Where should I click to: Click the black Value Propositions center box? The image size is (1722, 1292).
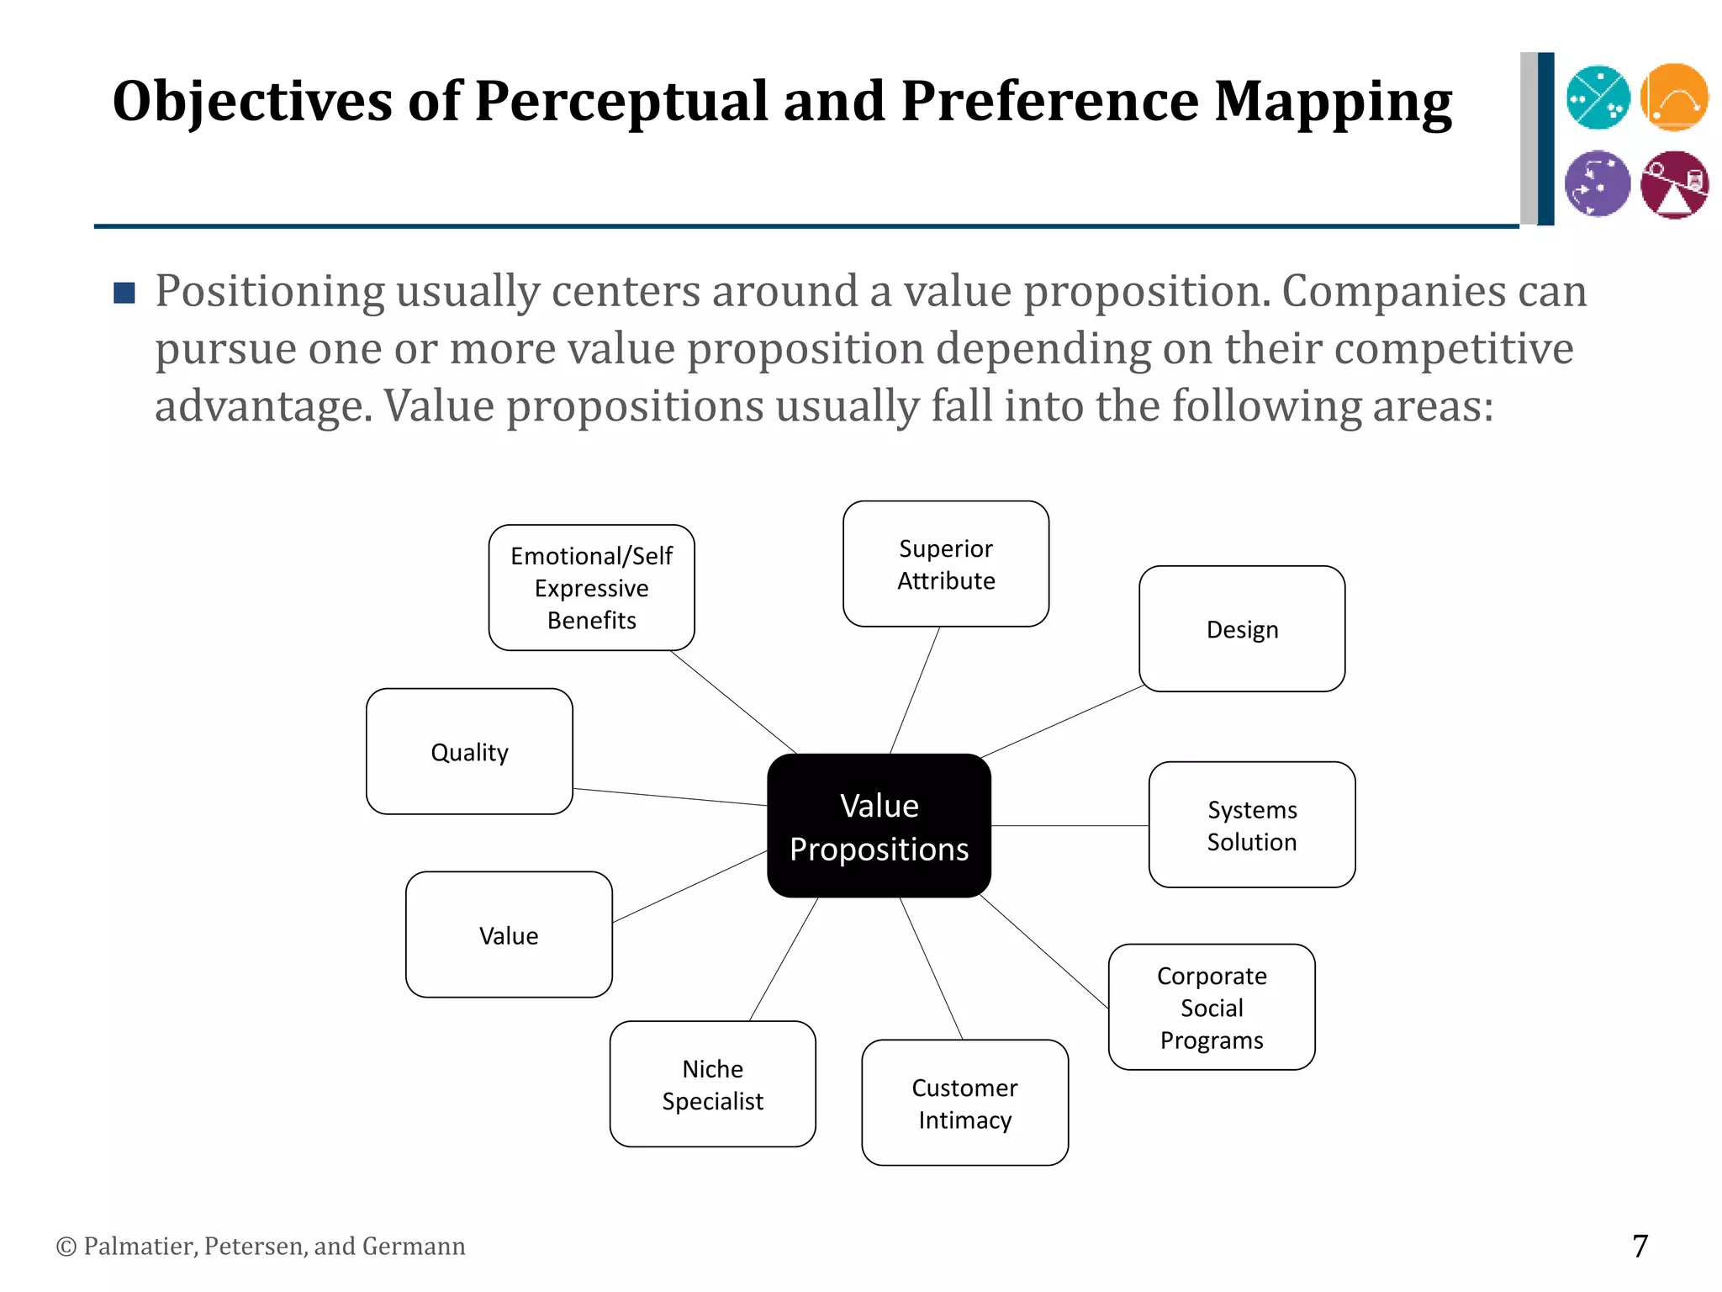[879, 825]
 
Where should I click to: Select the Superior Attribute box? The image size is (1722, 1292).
[946, 564]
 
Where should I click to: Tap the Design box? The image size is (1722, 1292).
[1242, 628]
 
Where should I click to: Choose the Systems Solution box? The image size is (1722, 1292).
[1252, 824]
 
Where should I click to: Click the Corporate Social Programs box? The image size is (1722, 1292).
[1212, 1007]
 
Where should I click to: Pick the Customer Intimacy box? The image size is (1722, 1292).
[964, 1103]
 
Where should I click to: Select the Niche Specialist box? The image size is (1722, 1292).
[712, 1084]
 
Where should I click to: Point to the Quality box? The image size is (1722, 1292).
[469, 751]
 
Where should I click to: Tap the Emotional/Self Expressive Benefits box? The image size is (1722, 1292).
[591, 587]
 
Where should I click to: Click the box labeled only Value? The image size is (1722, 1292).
[509, 935]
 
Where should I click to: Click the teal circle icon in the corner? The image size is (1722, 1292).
[1598, 98]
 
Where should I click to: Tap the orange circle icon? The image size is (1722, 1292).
[1674, 98]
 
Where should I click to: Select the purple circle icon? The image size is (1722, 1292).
[1598, 183]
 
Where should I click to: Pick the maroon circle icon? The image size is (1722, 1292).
[1674, 184]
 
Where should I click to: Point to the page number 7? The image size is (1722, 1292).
[1640, 1246]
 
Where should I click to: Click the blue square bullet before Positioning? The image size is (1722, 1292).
[124, 293]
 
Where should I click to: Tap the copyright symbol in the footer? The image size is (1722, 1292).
[66, 1247]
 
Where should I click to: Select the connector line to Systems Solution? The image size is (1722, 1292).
[1070, 826]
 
